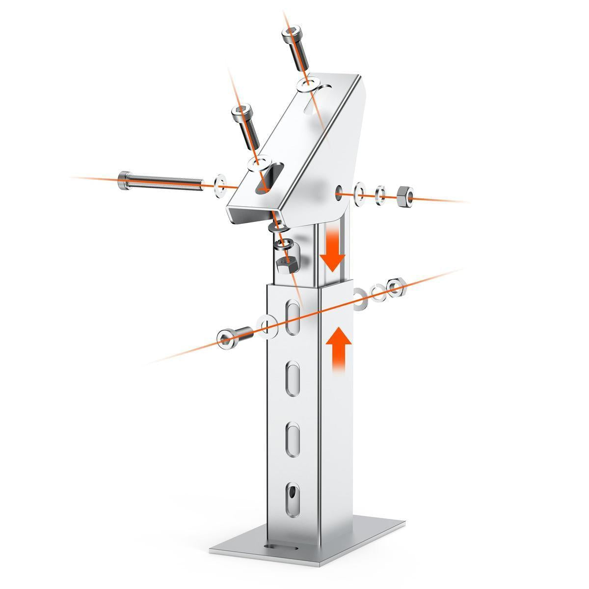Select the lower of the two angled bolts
pyautogui.click(x=245, y=126)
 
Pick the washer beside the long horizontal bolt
pyautogui.click(x=221, y=184)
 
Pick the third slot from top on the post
pyautogui.click(x=293, y=438)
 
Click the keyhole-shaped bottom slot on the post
pyautogui.click(x=293, y=495)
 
